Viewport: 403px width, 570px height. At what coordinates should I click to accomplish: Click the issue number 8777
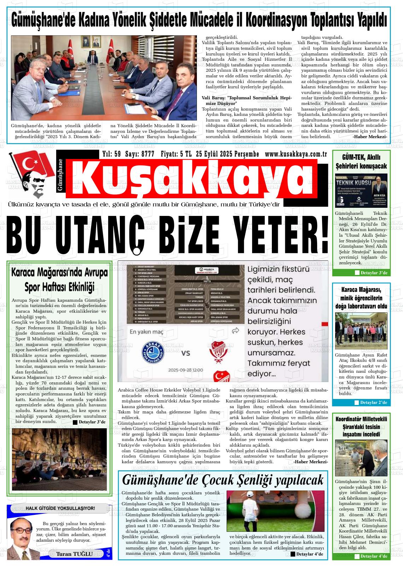[147, 154]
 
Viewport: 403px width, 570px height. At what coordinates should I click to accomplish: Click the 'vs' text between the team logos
[185, 353]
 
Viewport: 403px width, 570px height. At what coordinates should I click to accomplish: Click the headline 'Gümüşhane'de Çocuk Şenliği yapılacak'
[222, 480]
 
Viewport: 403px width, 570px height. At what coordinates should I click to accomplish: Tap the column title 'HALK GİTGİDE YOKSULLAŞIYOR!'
[60, 508]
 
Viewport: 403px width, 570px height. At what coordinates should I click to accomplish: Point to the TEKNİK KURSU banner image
[361, 190]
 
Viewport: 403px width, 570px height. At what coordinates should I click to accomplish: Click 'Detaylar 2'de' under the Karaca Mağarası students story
[373, 402]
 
